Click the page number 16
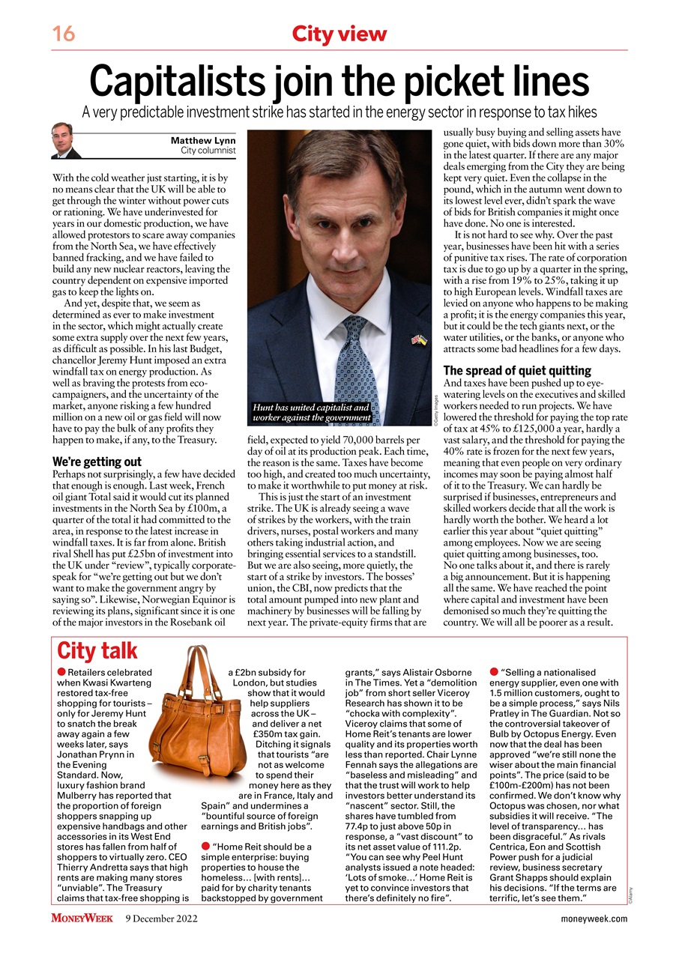pyautogui.click(x=63, y=34)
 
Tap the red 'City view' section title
pyautogui.click(x=339, y=34)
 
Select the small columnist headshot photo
pyautogui.click(x=66, y=141)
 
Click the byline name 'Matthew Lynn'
pyautogui.click(x=203, y=140)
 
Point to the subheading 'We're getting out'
pyautogui.click(x=97, y=462)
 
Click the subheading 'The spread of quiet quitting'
pyautogui.click(x=517, y=371)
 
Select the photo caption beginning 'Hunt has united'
pyautogui.click(x=312, y=412)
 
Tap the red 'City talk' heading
pyautogui.click(x=97, y=650)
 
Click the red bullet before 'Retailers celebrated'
pyautogui.click(x=61, y=673)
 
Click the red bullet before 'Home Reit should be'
pyautogui.click(x=205, y=846)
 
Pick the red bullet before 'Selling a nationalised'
pyautogui.click(x=494, y=673)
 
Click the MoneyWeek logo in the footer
pyautogui.click(x=82, y=919)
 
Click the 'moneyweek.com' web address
pyautogui.click(x=594, y=919)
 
